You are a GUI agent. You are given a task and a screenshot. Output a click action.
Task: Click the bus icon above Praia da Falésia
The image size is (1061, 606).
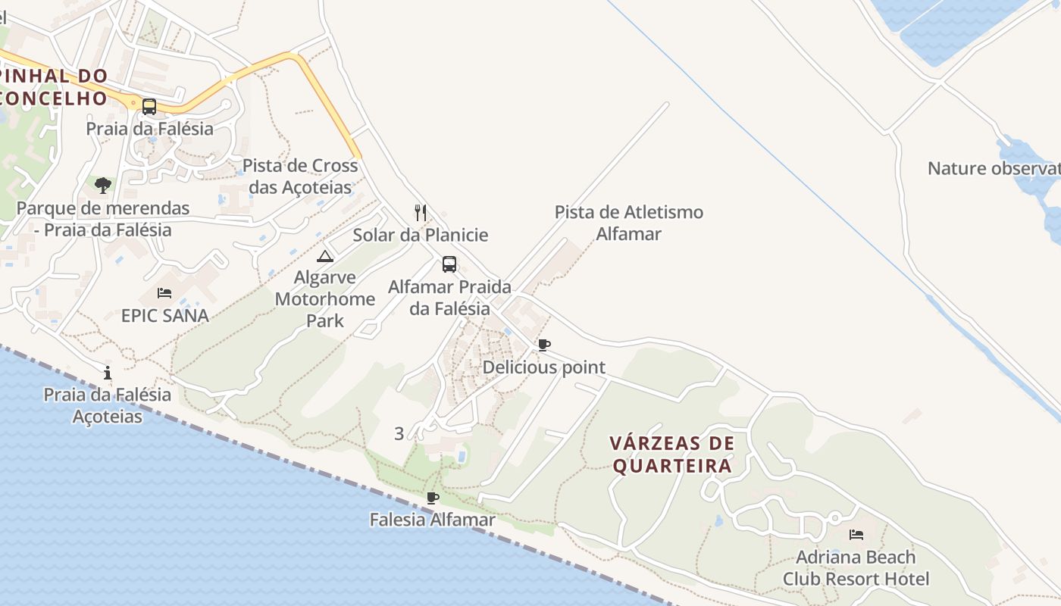pyautogui.click(x=149, y=107)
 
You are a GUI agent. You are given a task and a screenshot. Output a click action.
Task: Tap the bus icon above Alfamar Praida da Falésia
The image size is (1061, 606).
pyautogui.click(x=449, y=264)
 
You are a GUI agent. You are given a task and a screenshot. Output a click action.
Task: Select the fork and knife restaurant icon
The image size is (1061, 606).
pyautogui.click(x=421, y=212)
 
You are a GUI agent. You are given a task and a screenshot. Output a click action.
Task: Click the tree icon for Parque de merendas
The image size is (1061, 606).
pyautogui.click(x=103, y=185)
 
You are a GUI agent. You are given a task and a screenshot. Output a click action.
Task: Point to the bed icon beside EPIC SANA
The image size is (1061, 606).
pyautogui.click(x=164, y=293)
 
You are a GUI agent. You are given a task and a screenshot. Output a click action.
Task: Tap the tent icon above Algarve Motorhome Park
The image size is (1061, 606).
pyautogui.click(x=325, y=256)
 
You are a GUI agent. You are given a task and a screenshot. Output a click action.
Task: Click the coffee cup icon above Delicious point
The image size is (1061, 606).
pyautogui.click(x=544, y=345)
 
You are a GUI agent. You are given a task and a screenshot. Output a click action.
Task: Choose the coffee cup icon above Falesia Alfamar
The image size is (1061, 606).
pyautogui.click(x=433, y=498)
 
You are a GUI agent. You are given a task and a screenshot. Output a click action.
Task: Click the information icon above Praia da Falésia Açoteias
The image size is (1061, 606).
pyautogui.click(x=108, y=373)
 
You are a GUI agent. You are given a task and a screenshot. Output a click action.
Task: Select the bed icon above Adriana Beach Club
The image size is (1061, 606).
pyautogui.click(x=856, y=535)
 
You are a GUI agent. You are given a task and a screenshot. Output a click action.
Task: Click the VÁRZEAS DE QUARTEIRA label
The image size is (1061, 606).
pyautogui.click(x=672, y=454)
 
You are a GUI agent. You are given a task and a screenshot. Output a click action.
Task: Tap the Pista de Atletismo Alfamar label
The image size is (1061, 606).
pyautogui.click(x=629, y=223)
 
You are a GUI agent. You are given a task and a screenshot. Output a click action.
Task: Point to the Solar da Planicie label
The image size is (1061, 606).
pyautogui.click(x=421, y=235)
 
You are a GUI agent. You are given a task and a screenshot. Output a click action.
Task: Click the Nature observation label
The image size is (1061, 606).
pyautogui.click(x=993, y=168)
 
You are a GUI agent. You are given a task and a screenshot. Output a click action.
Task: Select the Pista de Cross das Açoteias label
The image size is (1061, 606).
pyautogui.click(x=300, y=176)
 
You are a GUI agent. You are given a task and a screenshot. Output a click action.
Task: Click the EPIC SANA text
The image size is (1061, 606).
pyautogui.click(x=165, y=315)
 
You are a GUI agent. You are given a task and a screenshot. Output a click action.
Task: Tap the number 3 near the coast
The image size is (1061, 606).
pyautogui.click(x=399, y=433)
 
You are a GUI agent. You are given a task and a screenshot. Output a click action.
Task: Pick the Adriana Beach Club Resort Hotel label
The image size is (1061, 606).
pyautogui.click(x=856, y=568)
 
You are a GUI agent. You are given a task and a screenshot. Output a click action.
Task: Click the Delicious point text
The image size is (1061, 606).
pyautogui.click(x=544, y=367)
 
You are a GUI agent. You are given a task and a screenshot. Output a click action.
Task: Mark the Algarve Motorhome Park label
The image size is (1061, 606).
pyautogui.click(x=325, y=298)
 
